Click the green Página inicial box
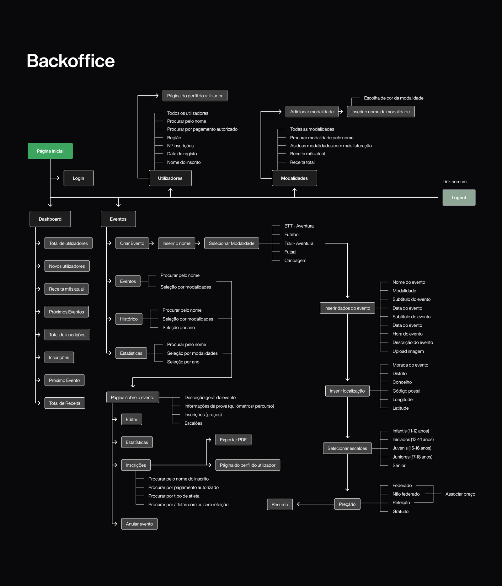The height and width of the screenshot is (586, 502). (x=50, y=151)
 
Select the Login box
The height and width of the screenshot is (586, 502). (x=78, y=178)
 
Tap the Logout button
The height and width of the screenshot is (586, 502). (x=459, y=197)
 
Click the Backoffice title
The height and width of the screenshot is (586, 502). (x=71, y=61)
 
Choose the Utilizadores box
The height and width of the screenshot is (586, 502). (x=170, y=178)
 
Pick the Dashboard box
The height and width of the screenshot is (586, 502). (x=50, y=219)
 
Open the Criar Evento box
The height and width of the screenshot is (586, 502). (x=132, y=243)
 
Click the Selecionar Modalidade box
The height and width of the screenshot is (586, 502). (x=232, y=243)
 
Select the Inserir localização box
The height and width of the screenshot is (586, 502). (x=347, y=391)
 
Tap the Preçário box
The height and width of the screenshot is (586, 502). (x=347, y=504)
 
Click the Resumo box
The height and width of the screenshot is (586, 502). (x=280, y=504)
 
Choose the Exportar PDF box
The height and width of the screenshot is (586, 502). (x=233, y=440)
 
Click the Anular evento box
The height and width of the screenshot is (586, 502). (x=139, y=524)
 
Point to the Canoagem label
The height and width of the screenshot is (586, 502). (x=295, y=261)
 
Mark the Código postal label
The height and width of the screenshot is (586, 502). (x=406, y=391)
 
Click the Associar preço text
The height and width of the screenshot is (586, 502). (x=460, y=494)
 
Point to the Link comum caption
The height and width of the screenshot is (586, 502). (x=454, y=182)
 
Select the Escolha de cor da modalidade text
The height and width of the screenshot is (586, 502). (x=393, y=98)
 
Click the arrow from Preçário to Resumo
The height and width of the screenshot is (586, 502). (x=315, y=504)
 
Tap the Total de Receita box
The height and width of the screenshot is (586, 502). (x=65, y=403)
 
